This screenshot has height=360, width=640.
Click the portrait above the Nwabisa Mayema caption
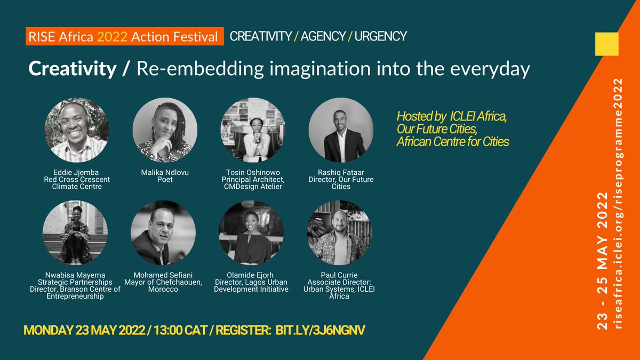pyautogui.click(x=75, y=233)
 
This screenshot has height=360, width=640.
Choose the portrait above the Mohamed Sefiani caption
pyautogui.click(x=163, y=233)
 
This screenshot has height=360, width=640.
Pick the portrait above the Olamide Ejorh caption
pyautogui.click(x=252, y=233)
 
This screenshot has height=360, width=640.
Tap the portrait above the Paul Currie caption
pyautogui.click(x=339, y=233)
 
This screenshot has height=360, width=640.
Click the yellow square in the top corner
pyautogui.click(x=606, y=44)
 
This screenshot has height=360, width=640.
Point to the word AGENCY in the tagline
pyautogui.click(x=324, y=37)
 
